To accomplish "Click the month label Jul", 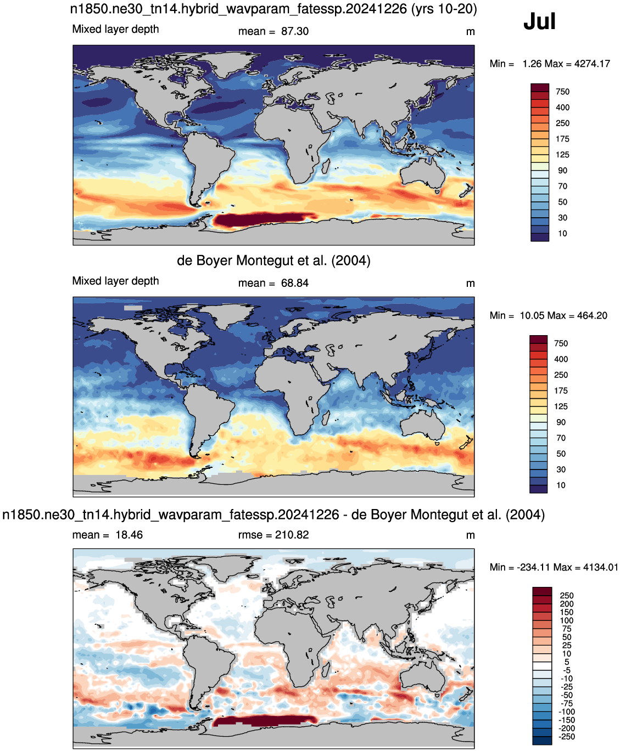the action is (x=539, y=21).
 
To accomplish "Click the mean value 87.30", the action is (x=295, y=31).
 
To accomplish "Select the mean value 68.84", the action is (x=295, y=283).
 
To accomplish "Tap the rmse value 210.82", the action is (x=292, y=535).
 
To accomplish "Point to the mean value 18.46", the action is (x=129, y=535).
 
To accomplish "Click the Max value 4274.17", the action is (x=592, y=64).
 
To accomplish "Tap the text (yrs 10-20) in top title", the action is (x=444, y=9).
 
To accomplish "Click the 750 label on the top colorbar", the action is (x=562, y=92).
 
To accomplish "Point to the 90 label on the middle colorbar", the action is (x=561, y=422).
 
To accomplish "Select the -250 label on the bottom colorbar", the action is (x=567, y=737).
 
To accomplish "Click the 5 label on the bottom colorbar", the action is (x=567, y=662).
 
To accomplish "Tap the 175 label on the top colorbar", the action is (x=562, y=139).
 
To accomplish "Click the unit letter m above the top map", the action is (x=470, y=32).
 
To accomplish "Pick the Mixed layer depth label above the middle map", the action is (x=115, y=281).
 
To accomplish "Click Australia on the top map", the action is (x=423, y=174).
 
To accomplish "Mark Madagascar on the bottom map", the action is (x=326, y=671).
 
